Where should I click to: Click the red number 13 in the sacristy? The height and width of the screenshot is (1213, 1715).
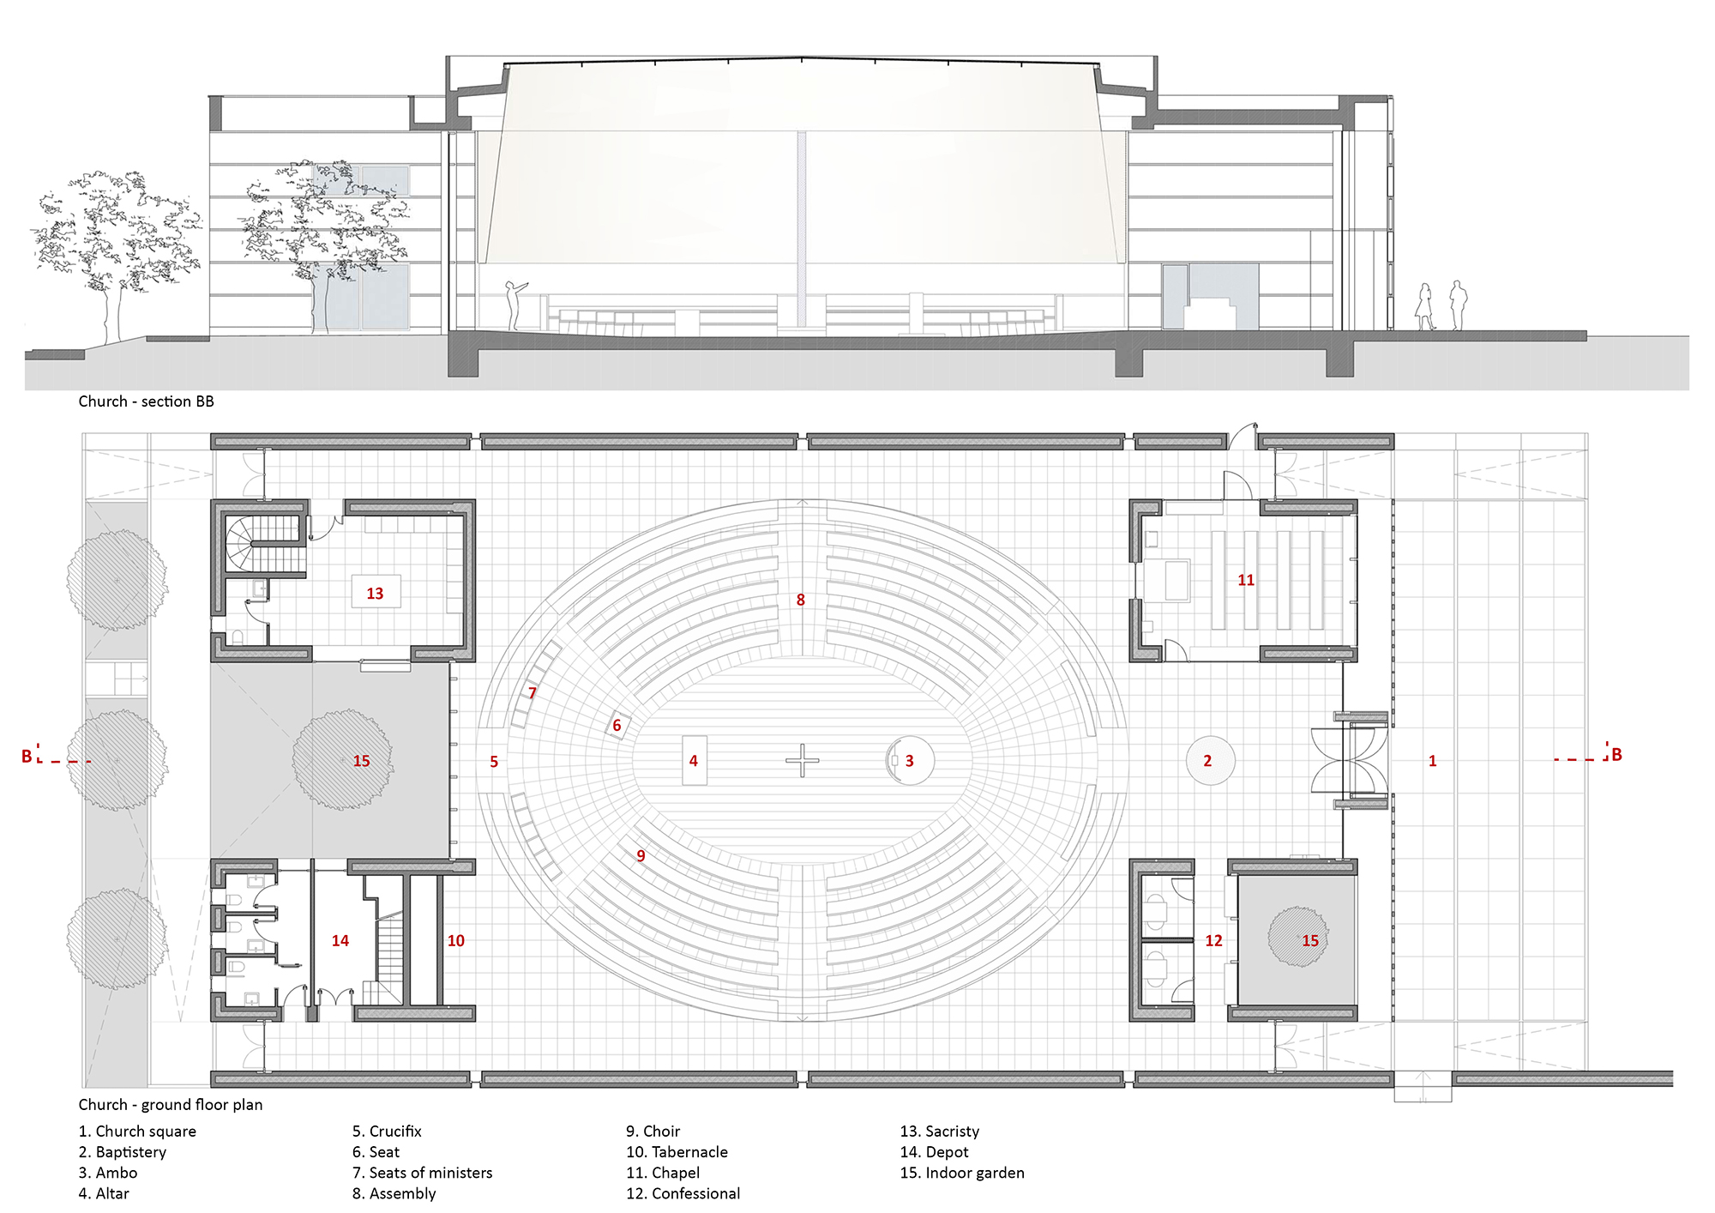click(375, 594)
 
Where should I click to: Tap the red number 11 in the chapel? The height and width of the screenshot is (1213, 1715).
click(1246, 581)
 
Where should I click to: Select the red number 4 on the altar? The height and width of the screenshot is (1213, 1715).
click(694, 761)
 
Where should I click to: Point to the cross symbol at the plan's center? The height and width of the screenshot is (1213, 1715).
click(803, 760)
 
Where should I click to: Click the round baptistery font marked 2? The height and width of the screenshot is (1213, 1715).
click(1210, 760)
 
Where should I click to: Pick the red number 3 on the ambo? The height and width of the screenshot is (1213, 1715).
click(910, 761)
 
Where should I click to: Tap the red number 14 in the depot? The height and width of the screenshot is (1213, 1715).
click(340, 941)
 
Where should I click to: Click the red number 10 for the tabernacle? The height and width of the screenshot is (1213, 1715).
click(456, 941)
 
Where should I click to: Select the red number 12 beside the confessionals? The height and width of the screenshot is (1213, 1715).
click(1213, 941)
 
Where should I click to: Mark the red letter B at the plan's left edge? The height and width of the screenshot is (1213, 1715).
click(27, 756)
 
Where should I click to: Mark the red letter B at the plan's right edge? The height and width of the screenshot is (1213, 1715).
click(1616, 755)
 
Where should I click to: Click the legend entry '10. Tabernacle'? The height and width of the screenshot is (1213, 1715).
click(677, 1152)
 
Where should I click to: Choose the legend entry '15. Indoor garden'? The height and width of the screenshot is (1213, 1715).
click(961, 1173)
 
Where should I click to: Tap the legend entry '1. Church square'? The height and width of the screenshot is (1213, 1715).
click(137, 1132)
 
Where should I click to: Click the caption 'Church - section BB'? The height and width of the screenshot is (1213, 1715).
click(146, 401)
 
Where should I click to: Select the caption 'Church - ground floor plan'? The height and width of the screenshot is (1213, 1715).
click(171, 1105)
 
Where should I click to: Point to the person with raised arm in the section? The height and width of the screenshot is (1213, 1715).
click(514, 305)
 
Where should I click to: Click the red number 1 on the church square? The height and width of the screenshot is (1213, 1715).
click(1432, 761)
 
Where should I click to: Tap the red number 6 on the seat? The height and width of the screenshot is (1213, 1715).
click(617, 726)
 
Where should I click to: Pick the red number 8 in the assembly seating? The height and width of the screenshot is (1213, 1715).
click(800, 600)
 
